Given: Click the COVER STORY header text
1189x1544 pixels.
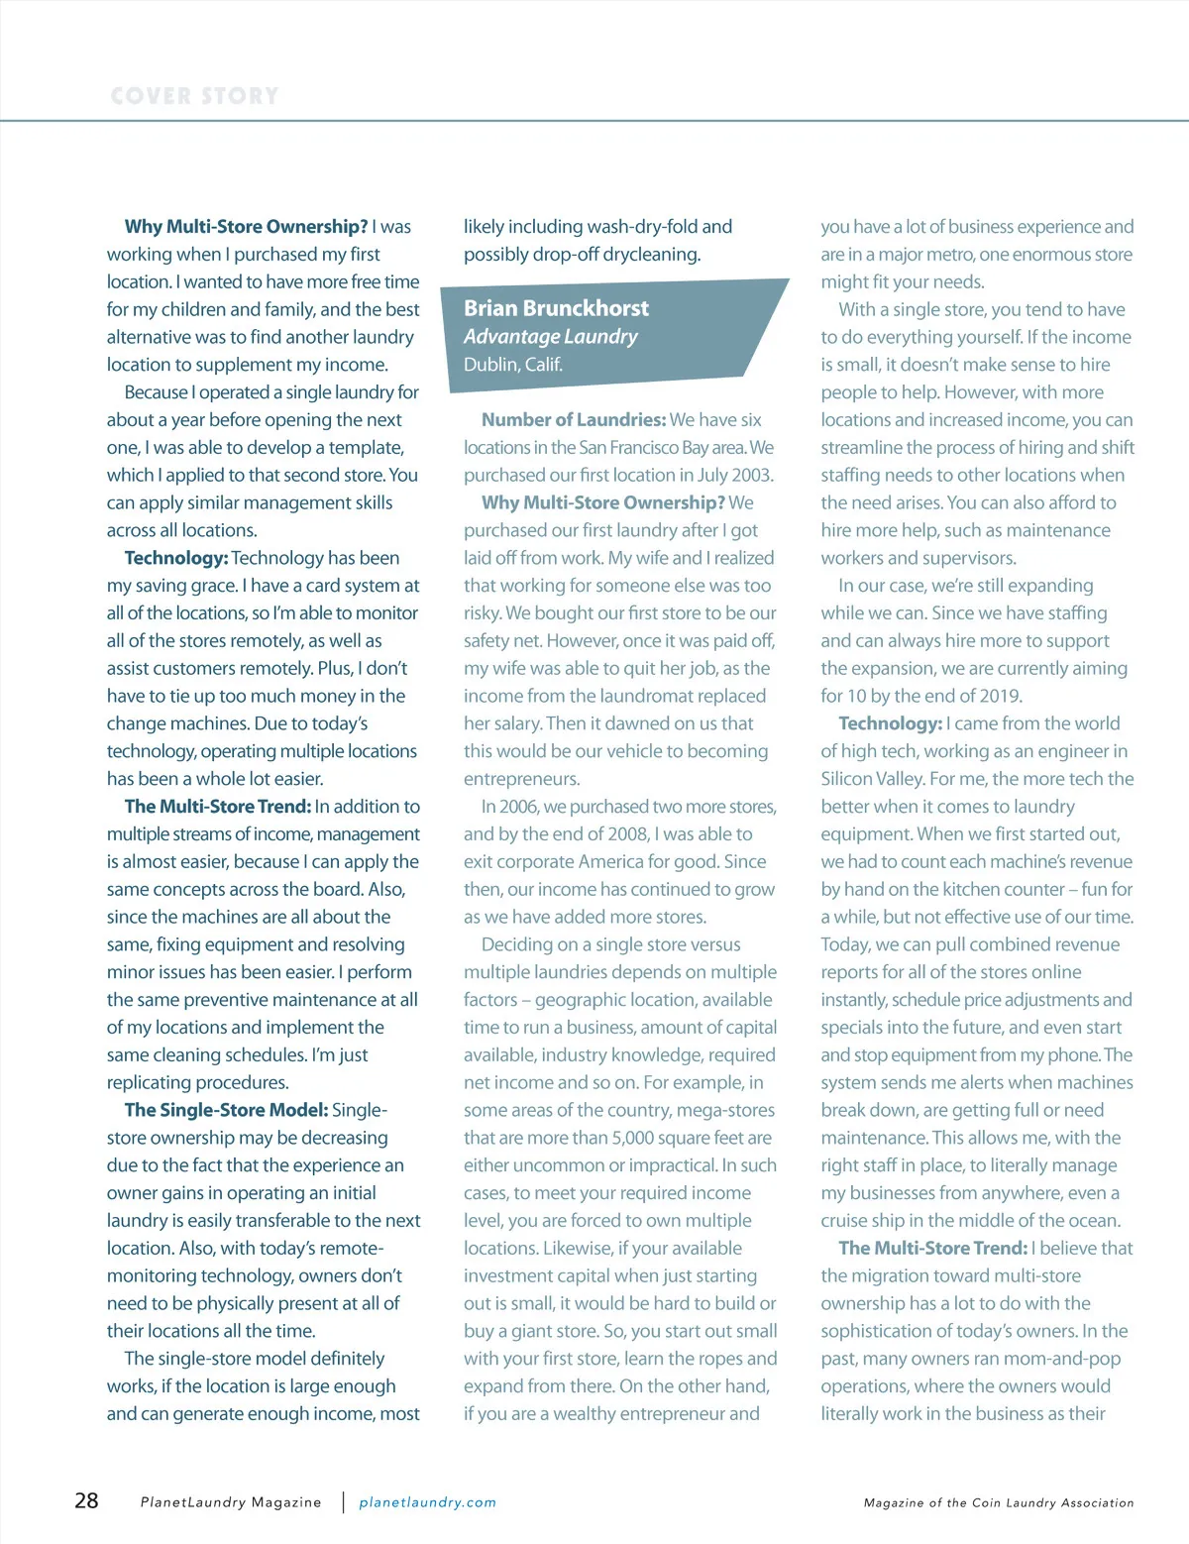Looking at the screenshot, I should pos(194,96).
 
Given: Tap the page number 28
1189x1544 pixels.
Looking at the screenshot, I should pos(86,1500).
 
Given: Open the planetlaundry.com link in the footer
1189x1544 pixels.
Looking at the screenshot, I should pos(427,1502).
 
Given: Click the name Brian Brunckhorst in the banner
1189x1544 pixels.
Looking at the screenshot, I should pos(556,308).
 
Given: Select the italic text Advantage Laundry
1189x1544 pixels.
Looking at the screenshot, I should pos(550,336).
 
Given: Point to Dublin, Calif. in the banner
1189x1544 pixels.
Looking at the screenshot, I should pos(512,364).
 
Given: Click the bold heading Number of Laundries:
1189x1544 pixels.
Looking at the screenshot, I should pos(573,420).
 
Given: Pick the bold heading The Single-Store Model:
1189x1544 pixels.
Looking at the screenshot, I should pos(226,1110).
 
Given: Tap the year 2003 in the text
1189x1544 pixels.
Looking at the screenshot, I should pos(751,475).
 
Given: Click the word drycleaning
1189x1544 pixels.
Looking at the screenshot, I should pos(653,255).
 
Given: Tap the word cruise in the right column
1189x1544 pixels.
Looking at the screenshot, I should pos(846,1221).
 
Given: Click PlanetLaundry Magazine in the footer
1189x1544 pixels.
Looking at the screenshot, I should pos(231,1502).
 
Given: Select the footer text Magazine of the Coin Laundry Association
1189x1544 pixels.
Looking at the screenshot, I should pos(998,1502).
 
